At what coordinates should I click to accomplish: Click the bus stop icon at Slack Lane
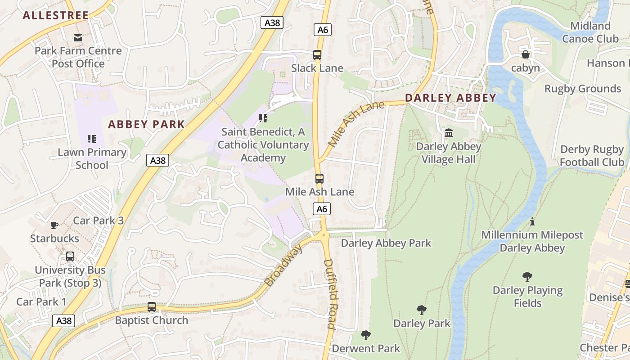coord(317,55)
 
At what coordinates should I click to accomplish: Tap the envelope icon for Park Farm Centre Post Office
coord(78,37)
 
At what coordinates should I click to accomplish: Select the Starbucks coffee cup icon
coord(54,225)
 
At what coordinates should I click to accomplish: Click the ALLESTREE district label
coord(56,15)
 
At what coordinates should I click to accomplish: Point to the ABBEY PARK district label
coord(146,125)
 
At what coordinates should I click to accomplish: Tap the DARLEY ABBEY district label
coord(450,98)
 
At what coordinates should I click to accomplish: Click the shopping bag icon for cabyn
coord(525,55)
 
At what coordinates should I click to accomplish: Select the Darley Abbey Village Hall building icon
coord(448,133)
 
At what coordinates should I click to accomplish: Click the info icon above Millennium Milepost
coord(532,221)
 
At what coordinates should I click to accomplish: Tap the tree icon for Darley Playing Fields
coord(527,277)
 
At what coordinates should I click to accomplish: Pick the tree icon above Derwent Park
coord(366,335)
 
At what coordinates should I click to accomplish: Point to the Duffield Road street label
coord(329,294)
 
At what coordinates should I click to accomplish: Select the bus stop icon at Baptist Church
coord(152,307)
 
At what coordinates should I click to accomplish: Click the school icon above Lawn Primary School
coord(92,139)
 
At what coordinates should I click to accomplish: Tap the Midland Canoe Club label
coord(590,32)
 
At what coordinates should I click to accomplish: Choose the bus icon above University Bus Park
coord(70,256)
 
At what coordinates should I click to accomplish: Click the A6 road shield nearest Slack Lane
coord(322,30)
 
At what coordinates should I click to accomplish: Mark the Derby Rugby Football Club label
coord(591,156)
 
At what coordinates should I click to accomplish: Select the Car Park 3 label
coord(98,220)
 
